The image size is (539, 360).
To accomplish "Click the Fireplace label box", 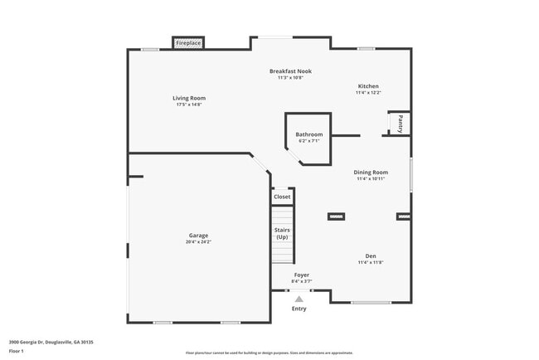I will click(188, 42).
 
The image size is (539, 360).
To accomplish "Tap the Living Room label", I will click(188, 98).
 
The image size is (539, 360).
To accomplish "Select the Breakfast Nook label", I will click(290, 71).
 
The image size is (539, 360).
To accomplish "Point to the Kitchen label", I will click(368, 86).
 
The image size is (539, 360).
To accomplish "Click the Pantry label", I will click(401, 124).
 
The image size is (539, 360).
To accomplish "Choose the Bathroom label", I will click(308, 134).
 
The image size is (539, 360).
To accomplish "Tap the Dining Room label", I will click(371, 172).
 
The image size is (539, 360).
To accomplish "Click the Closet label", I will click(282, 197).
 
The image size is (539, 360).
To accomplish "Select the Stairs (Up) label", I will click(282, 234).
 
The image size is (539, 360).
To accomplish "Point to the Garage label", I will click(198, 235).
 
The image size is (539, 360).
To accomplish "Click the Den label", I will click(371, 255).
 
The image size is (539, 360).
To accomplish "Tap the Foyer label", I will click(302, 275).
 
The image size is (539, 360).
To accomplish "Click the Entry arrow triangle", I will click(299, 299).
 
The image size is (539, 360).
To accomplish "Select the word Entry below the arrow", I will click(299, 309).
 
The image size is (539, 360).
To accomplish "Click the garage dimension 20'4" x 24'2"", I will click(198, 242).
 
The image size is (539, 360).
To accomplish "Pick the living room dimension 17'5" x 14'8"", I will click(188, 105).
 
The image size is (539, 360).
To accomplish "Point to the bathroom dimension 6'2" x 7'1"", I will click(308, 141).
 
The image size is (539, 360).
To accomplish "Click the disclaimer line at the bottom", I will click(269, 353).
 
